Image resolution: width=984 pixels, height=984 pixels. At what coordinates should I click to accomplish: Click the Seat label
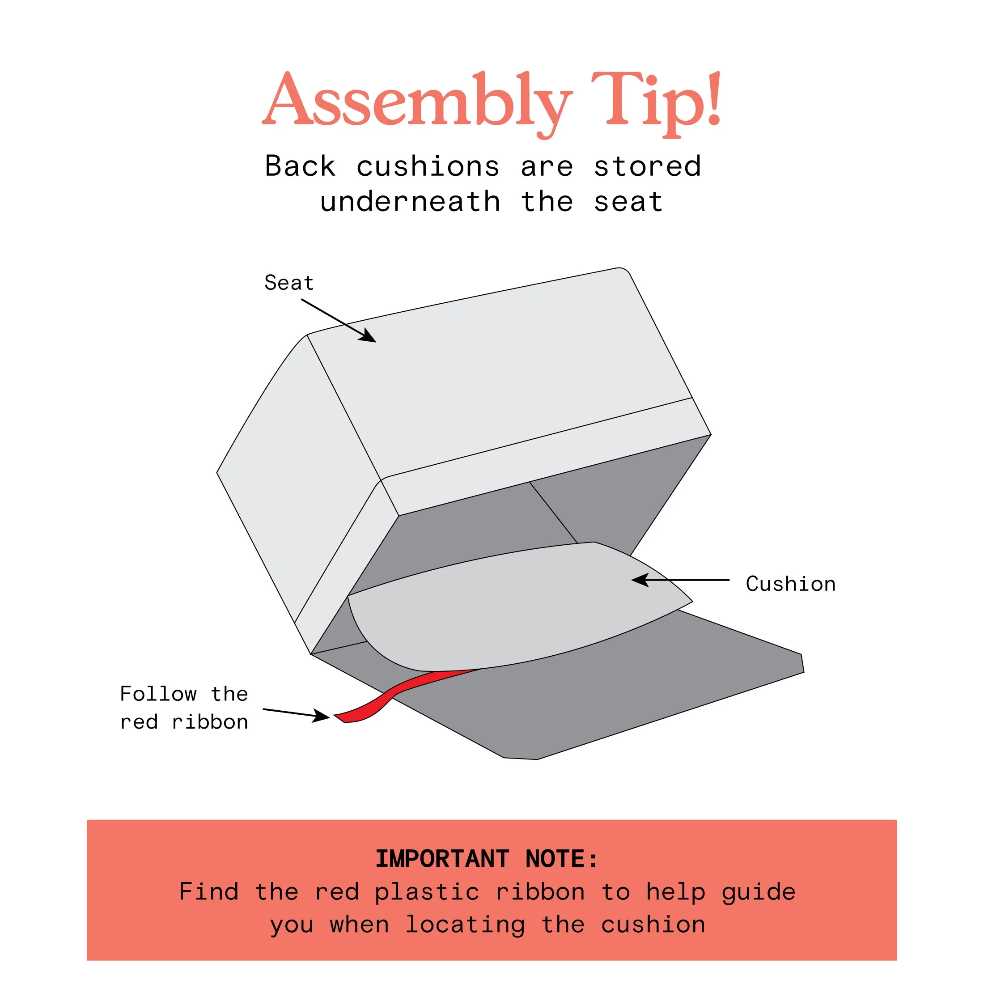pos(289,283)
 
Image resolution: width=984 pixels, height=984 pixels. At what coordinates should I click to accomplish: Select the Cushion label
pos(790,584)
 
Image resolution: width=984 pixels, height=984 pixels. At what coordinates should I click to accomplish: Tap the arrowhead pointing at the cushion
pos(640,580)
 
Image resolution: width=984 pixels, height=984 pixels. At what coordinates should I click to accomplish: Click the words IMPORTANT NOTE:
pos(487,859)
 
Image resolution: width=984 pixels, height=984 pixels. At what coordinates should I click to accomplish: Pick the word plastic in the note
pos(427,892)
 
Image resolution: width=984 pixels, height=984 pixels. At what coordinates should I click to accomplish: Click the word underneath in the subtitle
pos(410,202)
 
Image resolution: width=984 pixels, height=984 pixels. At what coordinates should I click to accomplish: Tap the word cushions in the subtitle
pos(428,166)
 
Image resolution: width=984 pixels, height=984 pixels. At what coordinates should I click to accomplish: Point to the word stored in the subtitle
pos(648,166)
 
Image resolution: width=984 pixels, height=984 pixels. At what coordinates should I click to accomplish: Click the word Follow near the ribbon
pos(158,694)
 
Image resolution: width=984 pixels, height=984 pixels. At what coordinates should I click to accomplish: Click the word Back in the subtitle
pos(300,166)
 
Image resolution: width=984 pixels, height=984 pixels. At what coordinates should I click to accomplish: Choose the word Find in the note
pos(209,892)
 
